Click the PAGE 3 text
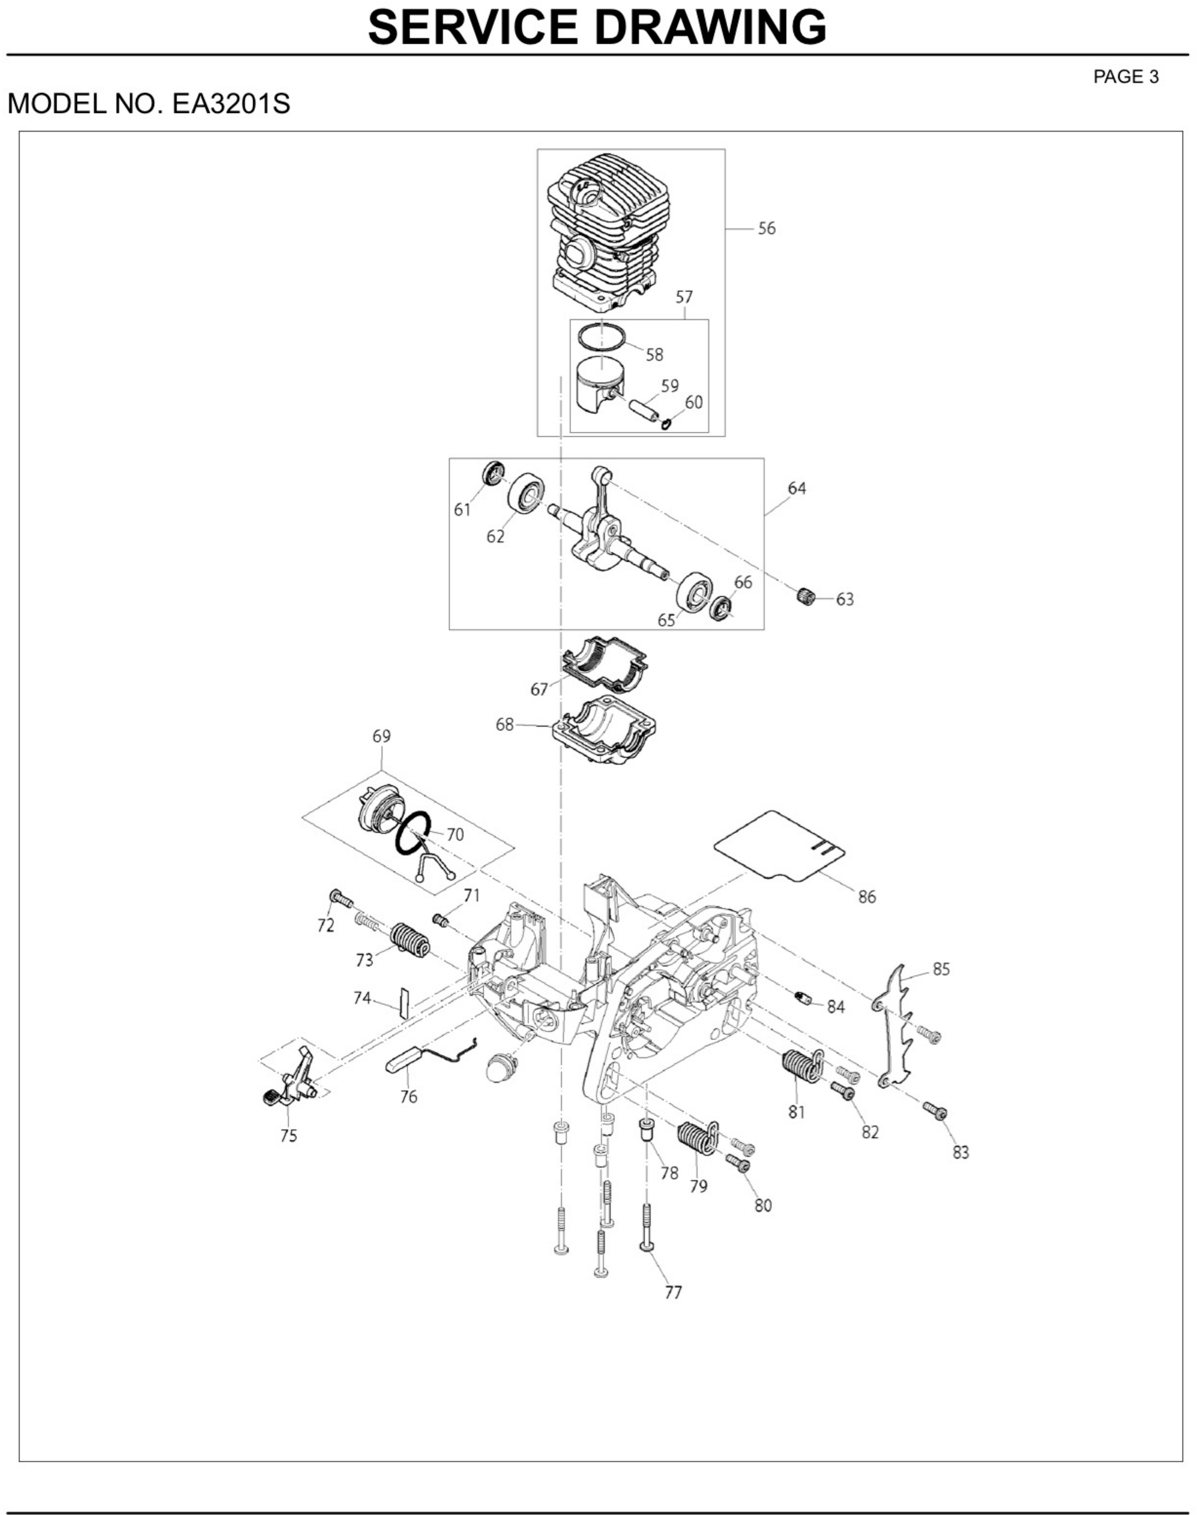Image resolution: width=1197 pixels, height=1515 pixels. click(1126, 77)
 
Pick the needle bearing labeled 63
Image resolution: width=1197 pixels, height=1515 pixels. click(807, 597)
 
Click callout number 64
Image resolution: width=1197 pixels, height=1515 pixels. click(797, 488)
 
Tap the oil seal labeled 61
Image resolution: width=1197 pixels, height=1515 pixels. click(494, 473)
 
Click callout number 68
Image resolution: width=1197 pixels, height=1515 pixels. click(505, 725)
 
